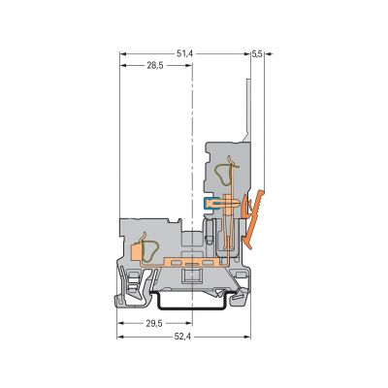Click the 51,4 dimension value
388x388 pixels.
184,54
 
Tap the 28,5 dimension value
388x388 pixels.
155,66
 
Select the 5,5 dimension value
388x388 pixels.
257,54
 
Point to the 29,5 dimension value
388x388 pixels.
154,323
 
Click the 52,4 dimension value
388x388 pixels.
182,337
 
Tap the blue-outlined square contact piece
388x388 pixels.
207,204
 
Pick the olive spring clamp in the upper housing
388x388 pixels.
223,175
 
